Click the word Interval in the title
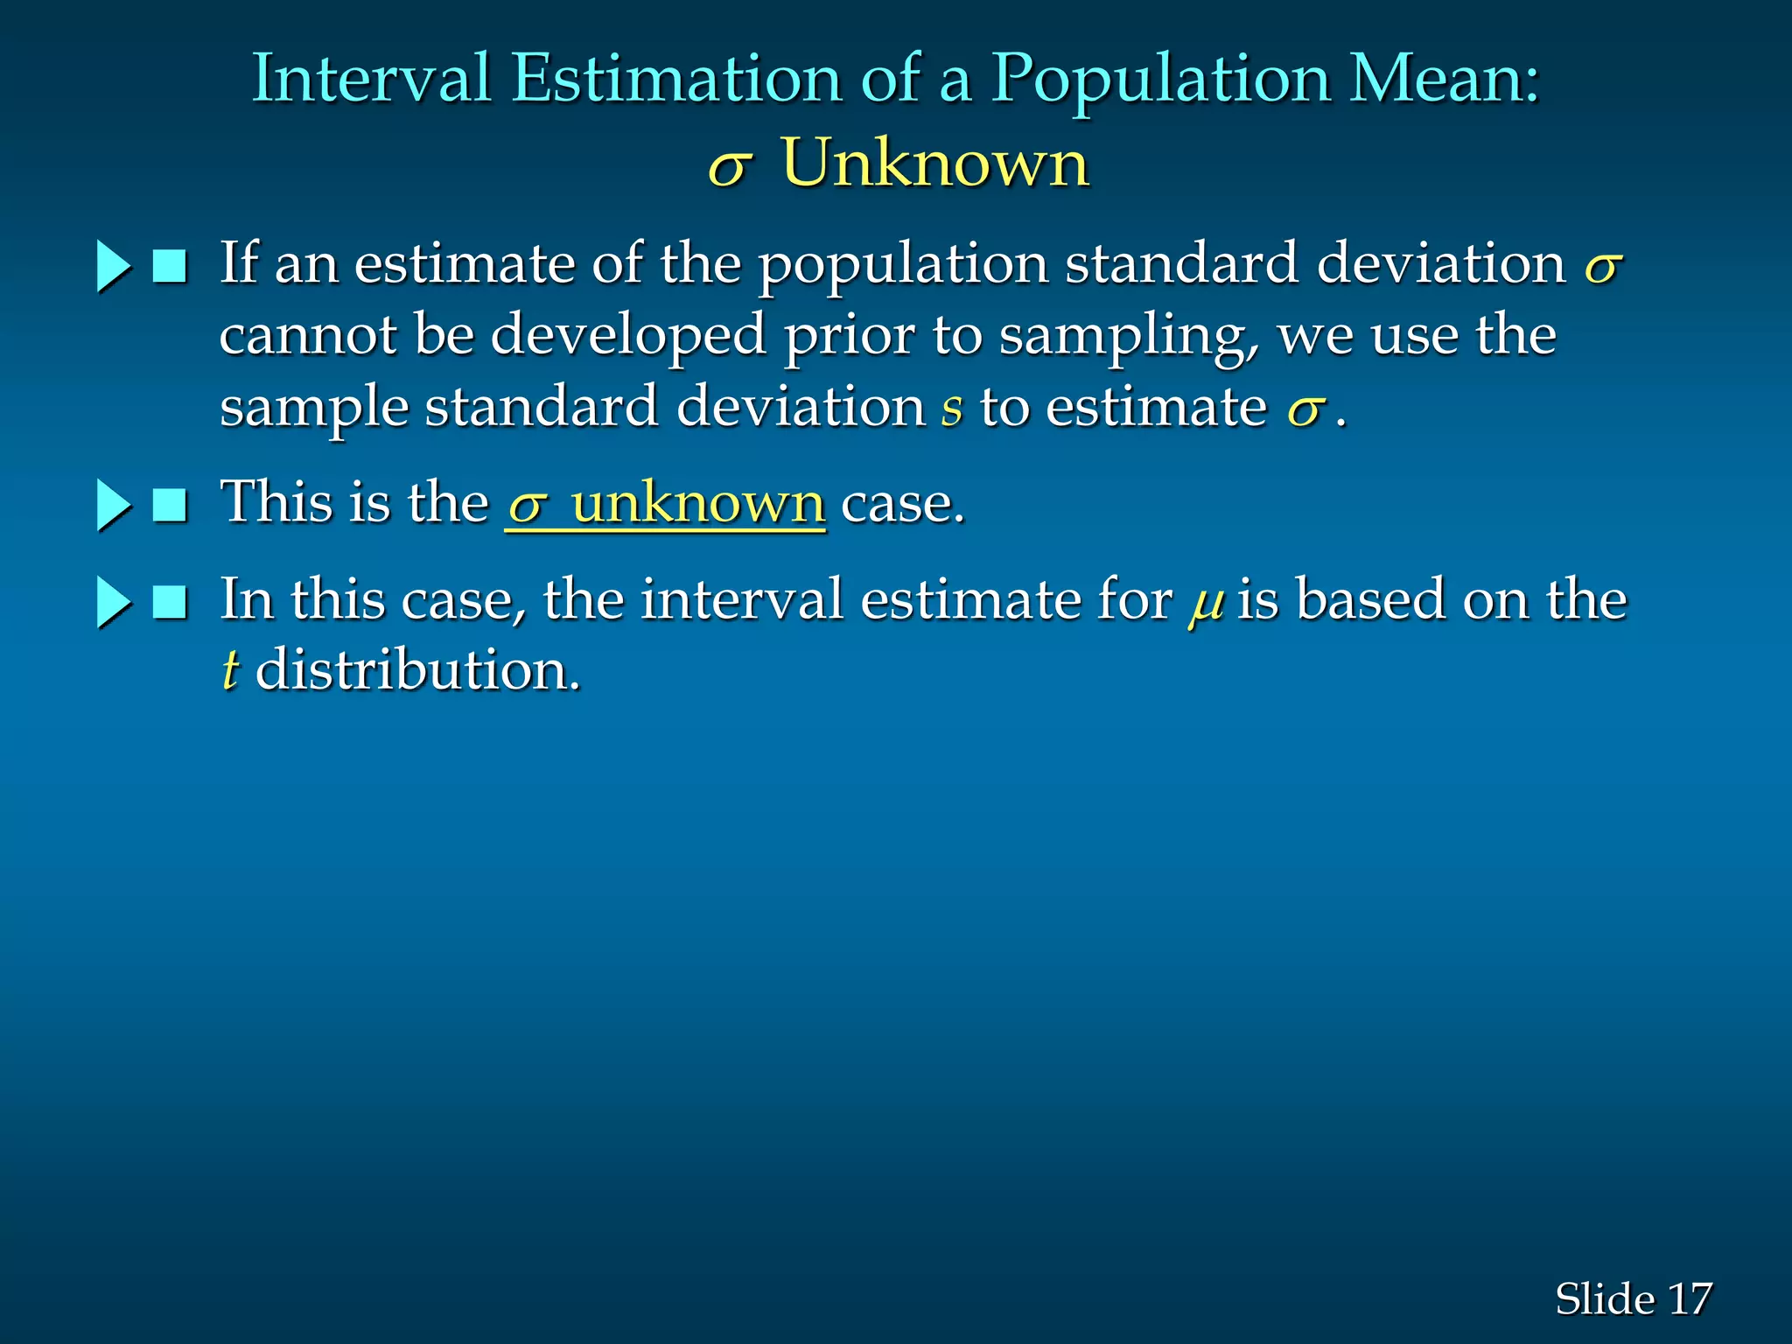(370, 79)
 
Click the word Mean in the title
(1443, 79)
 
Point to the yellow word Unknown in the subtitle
(935, 163)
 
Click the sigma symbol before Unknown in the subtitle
(729, 166)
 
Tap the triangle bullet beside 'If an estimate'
(112, 266)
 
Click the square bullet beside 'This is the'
(170, 505)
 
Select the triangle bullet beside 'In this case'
(112, 602)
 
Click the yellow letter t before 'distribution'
(229, 671)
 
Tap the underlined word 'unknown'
(697, 504)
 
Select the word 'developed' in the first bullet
(627, 336)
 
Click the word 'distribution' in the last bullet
(417, 670)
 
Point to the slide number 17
(1690, 1298)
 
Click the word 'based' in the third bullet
(1370, 600)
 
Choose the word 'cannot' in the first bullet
(307, 336)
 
